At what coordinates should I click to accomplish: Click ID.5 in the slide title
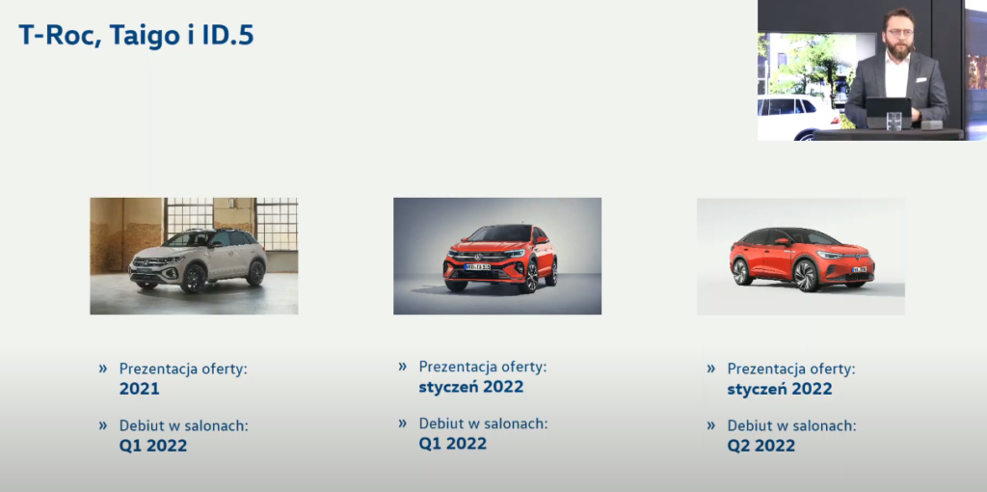pyautogui.click(x=227, y=35)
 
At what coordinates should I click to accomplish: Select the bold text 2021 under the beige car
pyautogui.click(x=139, y=389)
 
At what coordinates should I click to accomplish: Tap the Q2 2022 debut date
pyautogui.click(x=761, y=446)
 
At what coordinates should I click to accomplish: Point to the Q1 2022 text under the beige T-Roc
pyautogui.click(x=153, y=446)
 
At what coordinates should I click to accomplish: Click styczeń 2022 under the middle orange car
pyautogui.click(x=470, y=387)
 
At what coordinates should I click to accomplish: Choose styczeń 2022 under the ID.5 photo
pyautogui.click(x=779, y=390)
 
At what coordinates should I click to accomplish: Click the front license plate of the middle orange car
pyautogui.click(x=477, y=267)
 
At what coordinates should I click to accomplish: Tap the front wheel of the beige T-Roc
pyautogui.click(x=193, y=277)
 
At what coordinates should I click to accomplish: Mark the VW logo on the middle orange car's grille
pyautogui.click(x=477, y=256)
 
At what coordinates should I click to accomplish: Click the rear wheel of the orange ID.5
pyautogui.click(x=741, y=271)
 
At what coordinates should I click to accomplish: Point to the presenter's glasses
pyautogui.click(x=898, y=32)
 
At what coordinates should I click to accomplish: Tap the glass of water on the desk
pyautogui.click(x=894, y=121)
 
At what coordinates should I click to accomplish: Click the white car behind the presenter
pyautogui.click(x=795, y=118)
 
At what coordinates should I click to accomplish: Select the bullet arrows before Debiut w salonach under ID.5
pyautogui.click(x=710, y=425)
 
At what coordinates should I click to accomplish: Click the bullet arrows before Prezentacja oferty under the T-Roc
pyautogui.click(x=102, y=368)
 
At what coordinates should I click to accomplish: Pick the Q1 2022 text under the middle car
pyautogui.click(x=453, y=444)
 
